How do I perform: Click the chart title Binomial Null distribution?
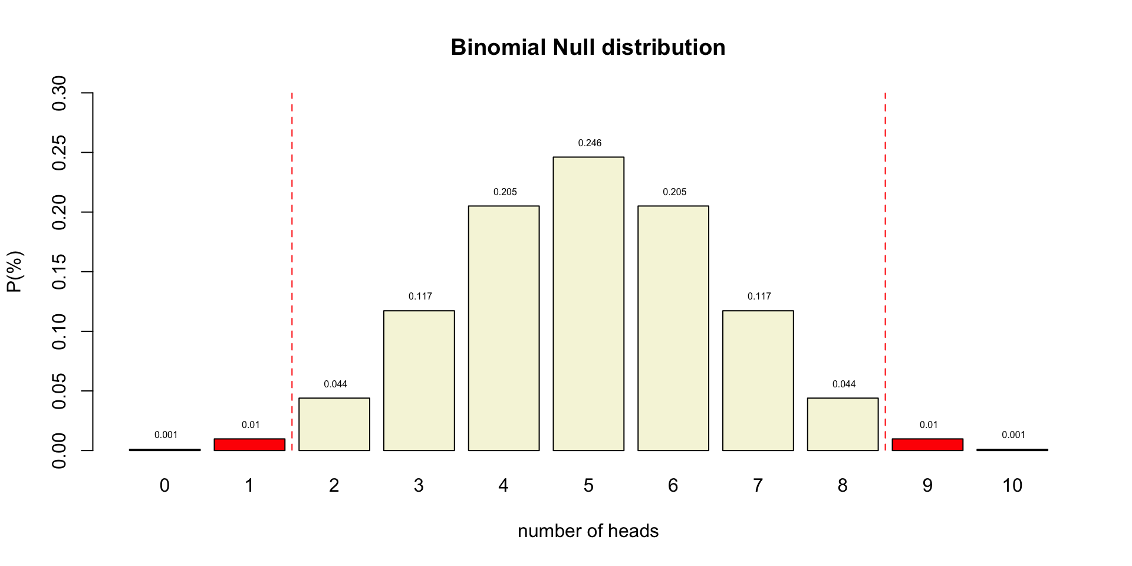tap(588, 48)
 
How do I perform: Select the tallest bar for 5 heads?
tap(588, 304)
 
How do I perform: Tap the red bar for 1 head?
tap(249, 445)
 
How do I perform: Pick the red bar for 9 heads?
tap(927, 445)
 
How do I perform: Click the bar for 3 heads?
tap(419, 380)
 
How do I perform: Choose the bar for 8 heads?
tap(843, 424)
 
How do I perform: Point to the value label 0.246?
tap(590, 143)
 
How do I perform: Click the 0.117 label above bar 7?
tap(759, 297)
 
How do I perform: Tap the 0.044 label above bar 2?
tap(335, 384)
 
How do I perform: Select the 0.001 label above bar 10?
tap(1013, 435)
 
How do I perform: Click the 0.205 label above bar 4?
tap(505, 192)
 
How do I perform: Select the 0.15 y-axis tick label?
tap(60, 272)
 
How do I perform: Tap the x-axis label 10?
tap(1012, 486)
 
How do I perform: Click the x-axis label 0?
tap(164, 486)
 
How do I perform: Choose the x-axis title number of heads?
tap(588, 531)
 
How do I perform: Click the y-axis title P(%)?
tap(15, 272)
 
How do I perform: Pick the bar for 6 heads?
tap(673, 328)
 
